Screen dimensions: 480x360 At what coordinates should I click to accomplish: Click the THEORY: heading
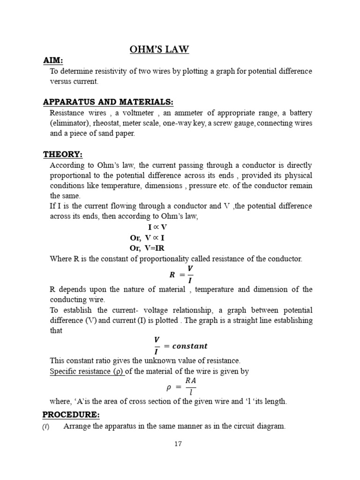pyautogui.click(x=63, y=154)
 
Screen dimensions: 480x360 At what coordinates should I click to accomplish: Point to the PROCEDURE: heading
pyautogui.click(x=71, y=415)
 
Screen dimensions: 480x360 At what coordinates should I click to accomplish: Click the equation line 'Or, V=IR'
pyautogui.click(x=147, y=248)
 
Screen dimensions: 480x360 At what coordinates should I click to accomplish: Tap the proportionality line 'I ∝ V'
pyautogui.click(x=157, y=227)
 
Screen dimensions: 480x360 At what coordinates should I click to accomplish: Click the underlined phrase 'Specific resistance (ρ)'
pyautogui.click(x=87, y=371)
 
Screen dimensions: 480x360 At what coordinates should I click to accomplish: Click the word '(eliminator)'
pyautogui.click(x=69, y=123)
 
